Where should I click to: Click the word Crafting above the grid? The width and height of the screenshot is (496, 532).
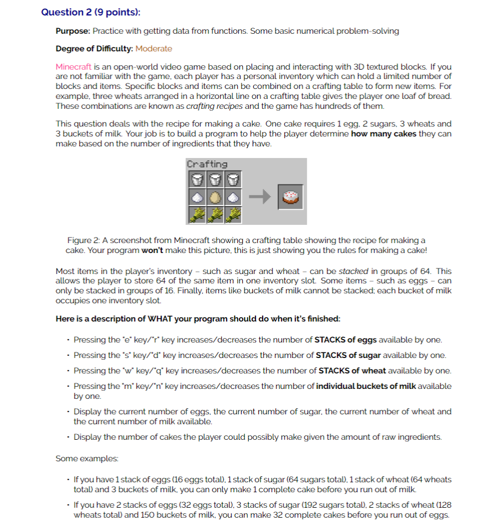[x=207, y=164]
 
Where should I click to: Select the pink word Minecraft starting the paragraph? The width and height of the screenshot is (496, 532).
[x=74, y=66]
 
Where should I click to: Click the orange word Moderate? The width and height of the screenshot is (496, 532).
[x=154, y=49]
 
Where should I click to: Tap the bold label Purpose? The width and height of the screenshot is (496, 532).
[x=73, y=31]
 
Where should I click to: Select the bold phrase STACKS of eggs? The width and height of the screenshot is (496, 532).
[x=346, y=339]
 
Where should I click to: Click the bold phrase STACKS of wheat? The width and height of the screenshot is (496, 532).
[x=348, y=370]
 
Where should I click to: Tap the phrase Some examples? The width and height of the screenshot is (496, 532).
[x=79, y=459]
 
